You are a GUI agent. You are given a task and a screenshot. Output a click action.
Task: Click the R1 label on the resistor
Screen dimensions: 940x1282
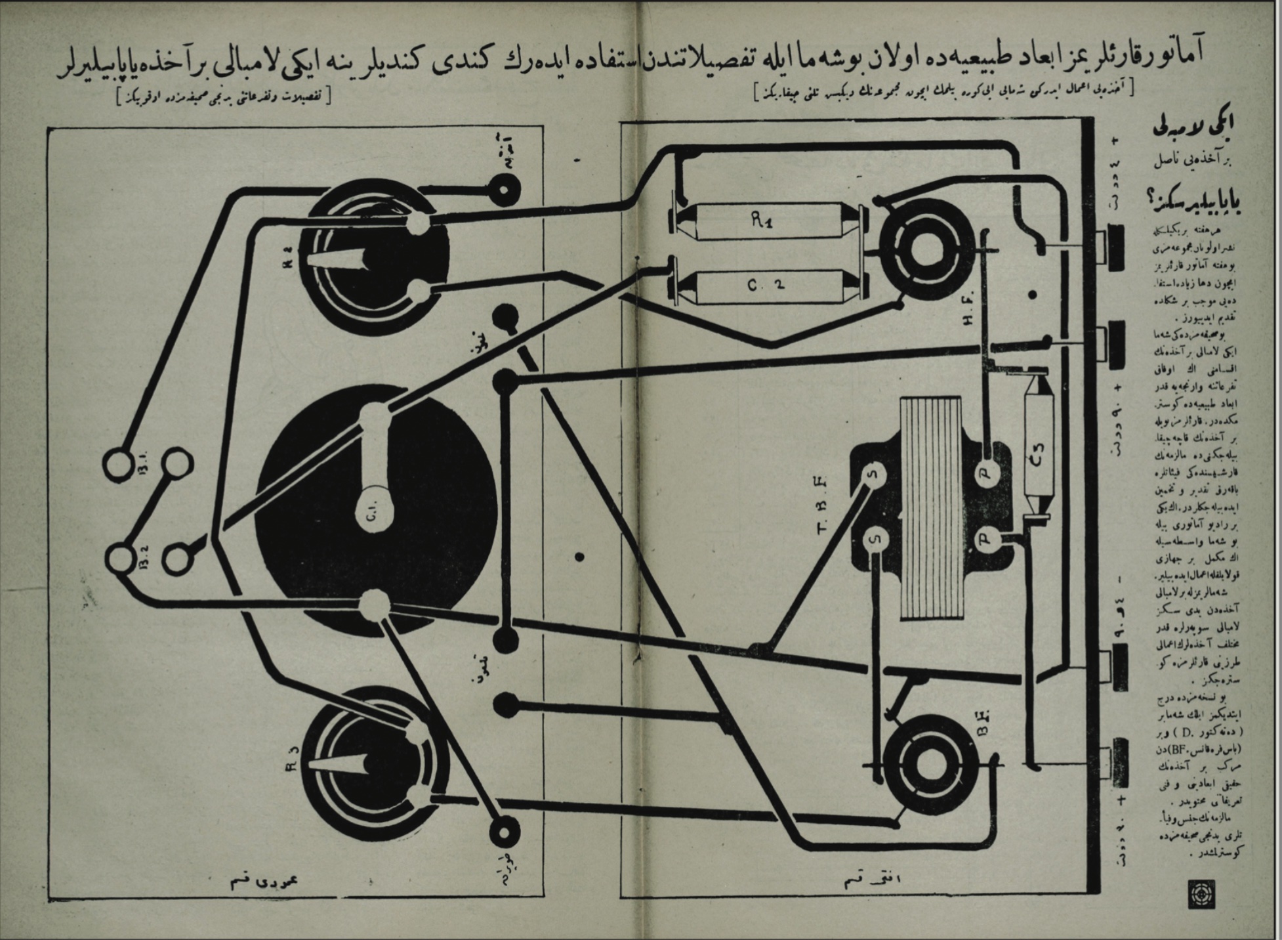[760, 221]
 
